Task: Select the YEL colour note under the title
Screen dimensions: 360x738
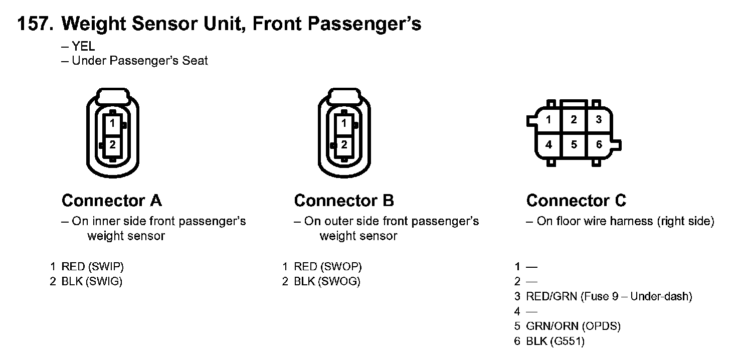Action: [x=83, y=47]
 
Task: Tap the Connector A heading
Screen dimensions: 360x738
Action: [x=111, y=201]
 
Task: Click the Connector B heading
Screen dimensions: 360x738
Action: [x=344, y=201]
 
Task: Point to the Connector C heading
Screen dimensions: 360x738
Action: [x=576, y=201]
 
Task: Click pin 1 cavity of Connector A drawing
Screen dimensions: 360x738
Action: [x=113, y=123]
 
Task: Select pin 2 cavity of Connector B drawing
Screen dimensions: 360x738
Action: [x=344, y=145]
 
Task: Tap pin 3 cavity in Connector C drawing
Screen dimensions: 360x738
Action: [x=599, y=120]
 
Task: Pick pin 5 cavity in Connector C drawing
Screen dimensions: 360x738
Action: [x=574, y=145]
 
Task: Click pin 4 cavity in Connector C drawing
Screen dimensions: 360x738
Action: [x=549, y=145]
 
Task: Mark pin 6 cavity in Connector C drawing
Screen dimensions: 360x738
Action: [x=599, y=145]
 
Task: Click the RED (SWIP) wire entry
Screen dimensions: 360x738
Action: [x=92, y=267]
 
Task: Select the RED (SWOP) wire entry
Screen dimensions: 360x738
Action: [x=327, y=267]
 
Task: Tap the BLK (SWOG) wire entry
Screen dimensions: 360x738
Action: [x=327, y=282]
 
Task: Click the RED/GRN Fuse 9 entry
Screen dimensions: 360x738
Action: [x=609, y=296]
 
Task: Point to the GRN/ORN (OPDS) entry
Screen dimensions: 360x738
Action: [x=573, y=326]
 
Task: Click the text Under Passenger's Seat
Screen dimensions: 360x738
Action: [x=139, y=61]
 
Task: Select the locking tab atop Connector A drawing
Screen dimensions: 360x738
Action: [x=113, y=95]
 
